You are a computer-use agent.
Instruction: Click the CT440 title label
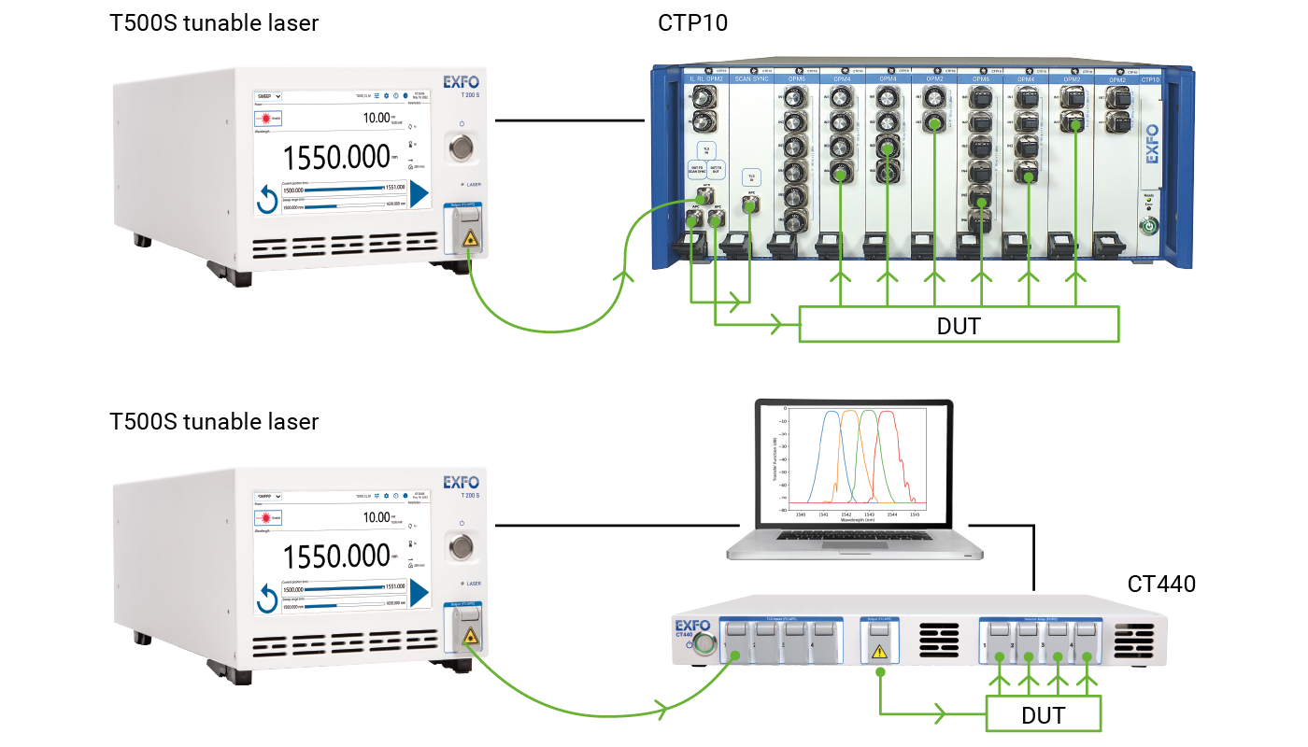tap(1161, 585)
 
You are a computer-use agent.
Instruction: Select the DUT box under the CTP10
tap(959, 325)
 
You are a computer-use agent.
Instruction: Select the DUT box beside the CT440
tap(1043, 715)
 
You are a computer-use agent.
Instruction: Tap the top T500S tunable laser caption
tap(214, 23)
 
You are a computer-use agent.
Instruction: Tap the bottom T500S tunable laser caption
tap(214, 421)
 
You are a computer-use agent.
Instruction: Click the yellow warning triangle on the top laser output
tap(470, 240)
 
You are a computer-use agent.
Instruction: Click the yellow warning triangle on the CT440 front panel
tap(878, 651)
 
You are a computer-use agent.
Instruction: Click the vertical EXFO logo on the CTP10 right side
tap(1152, 145)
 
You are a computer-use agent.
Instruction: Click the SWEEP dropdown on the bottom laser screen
tap(267, 496)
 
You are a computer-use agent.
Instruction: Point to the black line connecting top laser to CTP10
tap(570, 120)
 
